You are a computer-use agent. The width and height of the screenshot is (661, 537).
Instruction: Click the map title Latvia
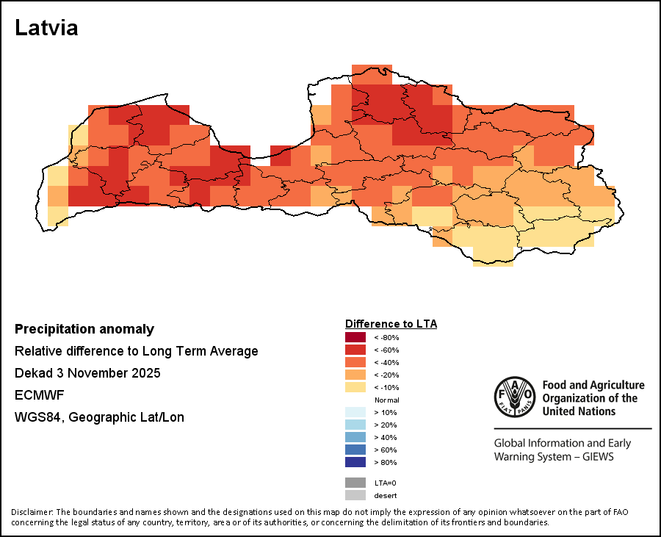[46, 28]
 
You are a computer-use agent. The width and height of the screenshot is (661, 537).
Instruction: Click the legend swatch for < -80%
[355, 337]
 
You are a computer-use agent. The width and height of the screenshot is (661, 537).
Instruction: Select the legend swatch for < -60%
[355, 350]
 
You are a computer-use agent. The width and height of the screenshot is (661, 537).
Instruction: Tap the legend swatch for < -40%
[355, 362]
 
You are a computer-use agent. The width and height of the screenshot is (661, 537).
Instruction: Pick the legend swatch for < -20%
[355, 375]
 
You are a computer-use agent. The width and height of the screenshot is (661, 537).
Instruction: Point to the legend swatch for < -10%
[355, 387]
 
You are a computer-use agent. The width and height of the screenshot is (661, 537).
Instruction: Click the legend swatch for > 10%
[355, 412]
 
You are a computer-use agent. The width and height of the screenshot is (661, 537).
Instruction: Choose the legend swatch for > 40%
[355, 437]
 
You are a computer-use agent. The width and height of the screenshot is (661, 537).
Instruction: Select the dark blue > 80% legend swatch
[355, 462]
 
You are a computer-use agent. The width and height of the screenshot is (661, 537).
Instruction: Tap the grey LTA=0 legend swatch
[355, 483]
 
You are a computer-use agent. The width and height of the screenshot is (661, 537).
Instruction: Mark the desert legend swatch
[355, 495]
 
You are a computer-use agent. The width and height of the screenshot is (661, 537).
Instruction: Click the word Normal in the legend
[387, 400]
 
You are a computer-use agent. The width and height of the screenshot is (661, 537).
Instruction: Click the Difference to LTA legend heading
[391, 324]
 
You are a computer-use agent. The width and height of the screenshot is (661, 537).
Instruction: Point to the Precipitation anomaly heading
[84, 329]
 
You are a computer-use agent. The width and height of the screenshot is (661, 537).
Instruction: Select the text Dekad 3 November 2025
[87, 373]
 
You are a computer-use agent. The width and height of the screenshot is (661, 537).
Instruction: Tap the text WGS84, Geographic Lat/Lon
[99, 417]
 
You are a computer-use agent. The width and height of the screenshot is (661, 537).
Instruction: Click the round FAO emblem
[515, 397]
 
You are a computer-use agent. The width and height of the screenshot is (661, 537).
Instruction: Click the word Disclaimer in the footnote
[32, 512]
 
